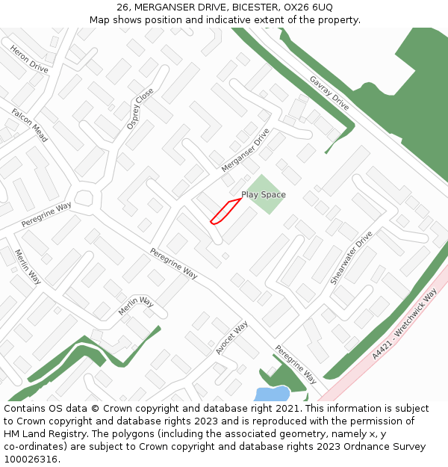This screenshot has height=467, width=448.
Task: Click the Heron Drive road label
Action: (x=29, y=58)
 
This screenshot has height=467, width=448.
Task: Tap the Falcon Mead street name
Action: (x=29, y=125)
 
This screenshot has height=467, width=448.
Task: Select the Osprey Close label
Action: (x=140, y=108)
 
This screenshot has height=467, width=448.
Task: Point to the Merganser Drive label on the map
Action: (x=245, y=150)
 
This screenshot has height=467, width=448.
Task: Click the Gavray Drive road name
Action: (x=329, y=93)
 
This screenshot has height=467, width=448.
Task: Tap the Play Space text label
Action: (x=263, y=195)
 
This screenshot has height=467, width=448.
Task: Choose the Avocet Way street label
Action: (x=231, y=338)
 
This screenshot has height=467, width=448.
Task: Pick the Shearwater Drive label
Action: (x=351, y=257)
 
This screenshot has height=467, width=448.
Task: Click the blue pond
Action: (x=272, y=394)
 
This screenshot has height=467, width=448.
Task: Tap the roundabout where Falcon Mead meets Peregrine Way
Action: (x=83, y=200)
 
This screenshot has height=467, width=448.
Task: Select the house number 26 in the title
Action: (x=123, y=7)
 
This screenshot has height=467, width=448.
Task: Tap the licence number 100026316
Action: (x=31, y=460)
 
